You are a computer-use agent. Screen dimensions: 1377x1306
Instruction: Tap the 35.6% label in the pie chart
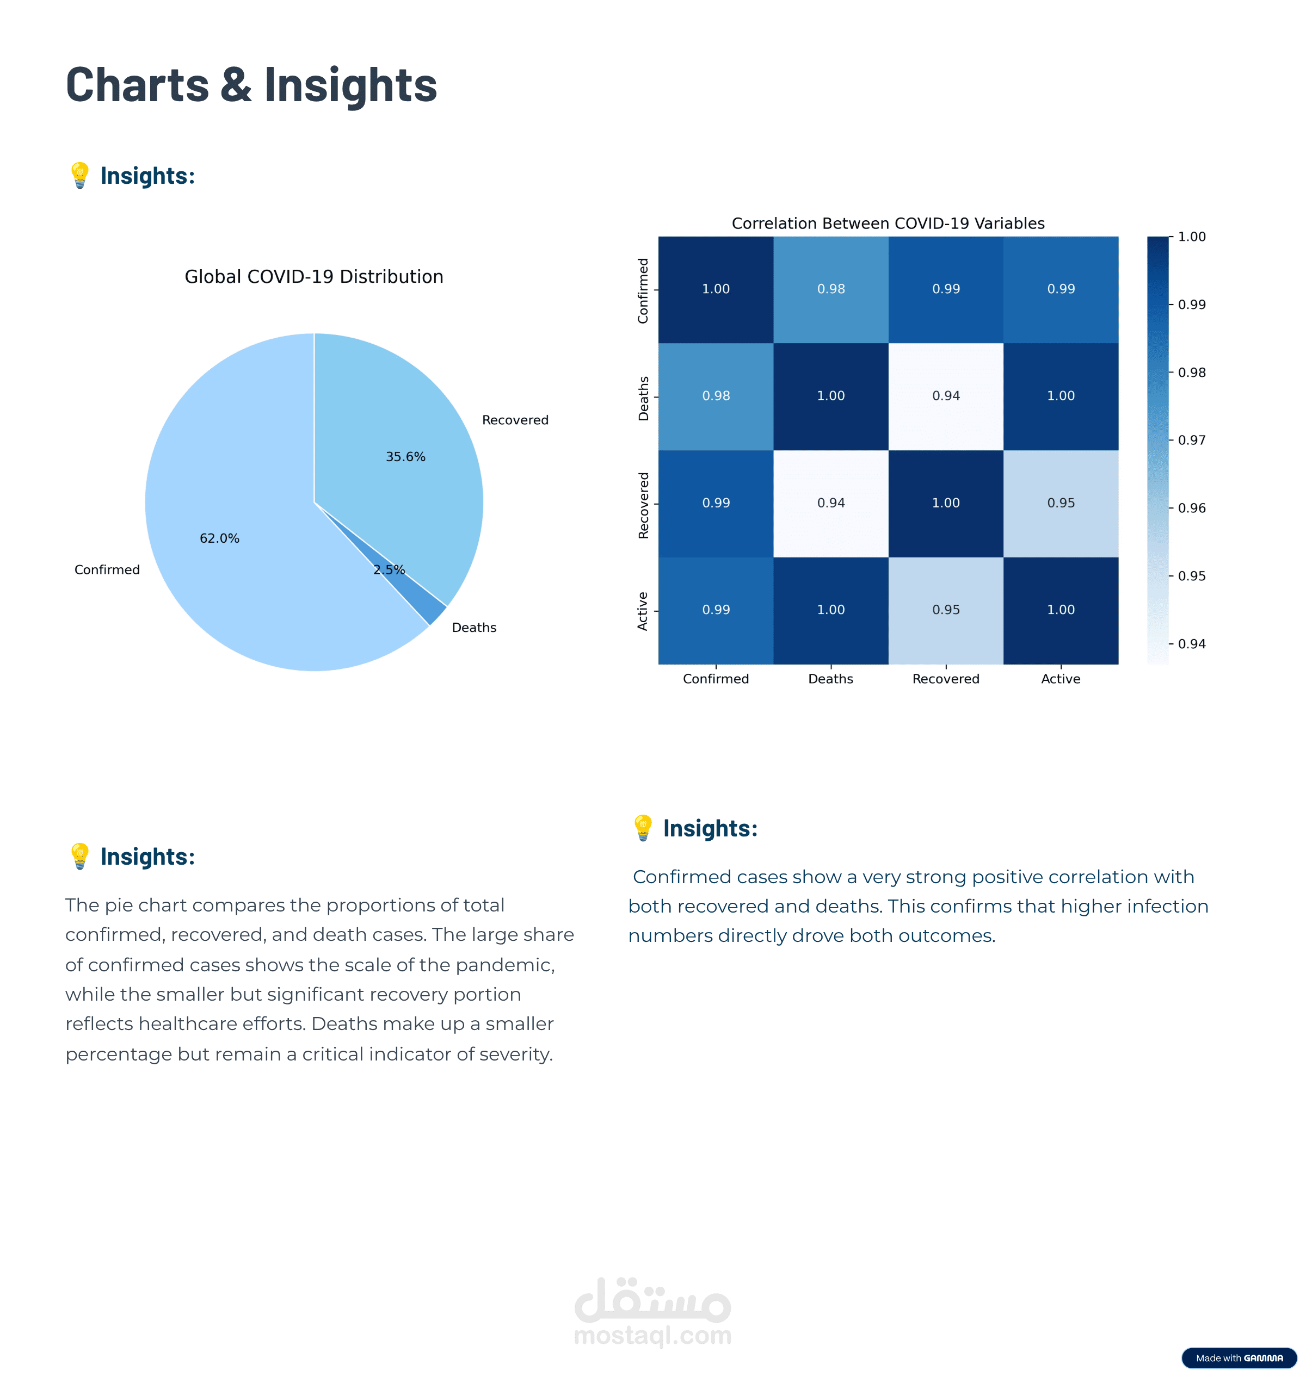pos(405,456)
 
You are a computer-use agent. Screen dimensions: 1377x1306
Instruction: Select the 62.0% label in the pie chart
pos(219,538)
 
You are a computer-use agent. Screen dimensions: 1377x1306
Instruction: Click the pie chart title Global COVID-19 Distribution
pos(313,277)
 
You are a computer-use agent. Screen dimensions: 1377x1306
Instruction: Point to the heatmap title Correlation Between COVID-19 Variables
pos(888,224)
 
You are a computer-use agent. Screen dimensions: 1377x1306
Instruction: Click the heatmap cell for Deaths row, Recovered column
pos(945,396)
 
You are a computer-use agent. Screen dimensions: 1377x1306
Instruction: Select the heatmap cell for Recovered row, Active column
pos(1060,503)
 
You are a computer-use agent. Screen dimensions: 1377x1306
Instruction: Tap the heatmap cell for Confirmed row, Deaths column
pos(830,289)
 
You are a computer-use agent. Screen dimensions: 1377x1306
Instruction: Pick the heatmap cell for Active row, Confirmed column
pos(716,610)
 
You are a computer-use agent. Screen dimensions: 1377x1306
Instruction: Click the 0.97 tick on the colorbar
pos(1191,440)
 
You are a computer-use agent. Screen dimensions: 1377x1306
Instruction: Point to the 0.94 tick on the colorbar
pos(1191,643)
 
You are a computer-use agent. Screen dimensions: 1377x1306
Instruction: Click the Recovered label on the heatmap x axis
pos(945,679)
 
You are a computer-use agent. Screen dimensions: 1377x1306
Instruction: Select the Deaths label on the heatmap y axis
pos(643,398)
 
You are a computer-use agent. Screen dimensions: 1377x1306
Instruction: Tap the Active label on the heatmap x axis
pos(1060,679)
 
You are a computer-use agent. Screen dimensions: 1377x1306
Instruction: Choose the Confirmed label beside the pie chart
pos(107,570)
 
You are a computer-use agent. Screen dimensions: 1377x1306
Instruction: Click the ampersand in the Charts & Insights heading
pos(237,85)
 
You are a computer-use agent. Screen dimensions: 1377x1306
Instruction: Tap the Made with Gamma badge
pos(1239,1357)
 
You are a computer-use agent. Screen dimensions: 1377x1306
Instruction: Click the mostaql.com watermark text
pos(652,1335)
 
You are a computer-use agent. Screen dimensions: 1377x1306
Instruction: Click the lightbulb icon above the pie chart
pos(80,175)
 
